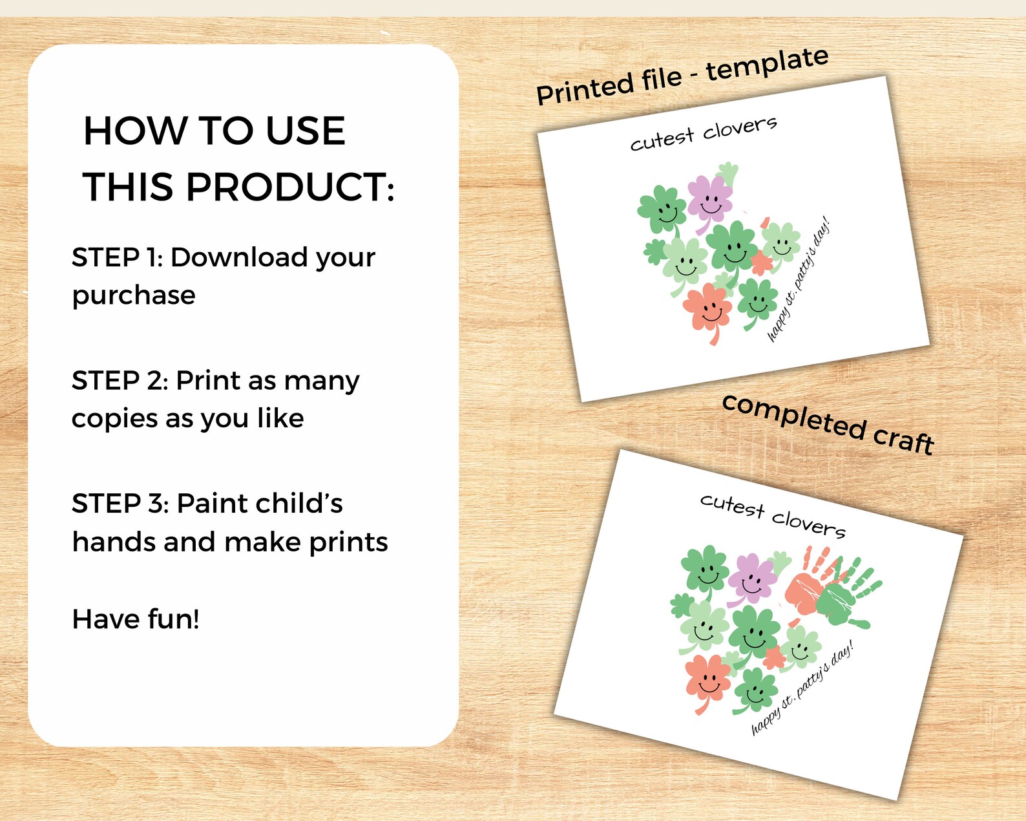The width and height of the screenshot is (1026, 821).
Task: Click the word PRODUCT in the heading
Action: tap(290, 187)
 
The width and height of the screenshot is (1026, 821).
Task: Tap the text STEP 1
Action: tap(118, 257)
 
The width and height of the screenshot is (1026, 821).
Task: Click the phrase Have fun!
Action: tap(136, 619)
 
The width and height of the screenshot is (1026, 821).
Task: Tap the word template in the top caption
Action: tap(767, 65)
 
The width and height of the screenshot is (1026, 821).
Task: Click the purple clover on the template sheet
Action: tap(709, 200)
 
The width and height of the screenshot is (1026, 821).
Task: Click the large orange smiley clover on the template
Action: tap(707, 310)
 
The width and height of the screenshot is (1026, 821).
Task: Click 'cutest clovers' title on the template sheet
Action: tap(704, 133)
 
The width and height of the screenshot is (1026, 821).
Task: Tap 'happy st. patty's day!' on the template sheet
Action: tap(799, 279)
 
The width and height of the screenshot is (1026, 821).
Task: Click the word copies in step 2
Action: tap(114, 420)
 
